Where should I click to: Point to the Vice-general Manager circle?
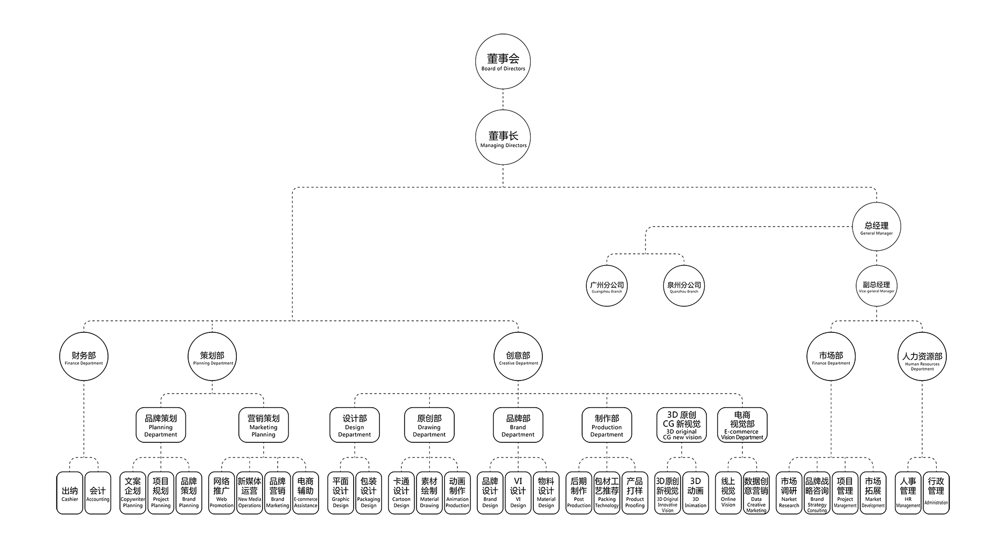(876, 286)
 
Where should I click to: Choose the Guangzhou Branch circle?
(607, 286)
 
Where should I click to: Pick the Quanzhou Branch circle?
(684, 286)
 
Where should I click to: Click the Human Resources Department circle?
(922, 357)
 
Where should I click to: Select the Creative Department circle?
(518, 357)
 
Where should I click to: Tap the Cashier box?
(70, 493)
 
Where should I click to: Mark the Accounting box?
(97, 493)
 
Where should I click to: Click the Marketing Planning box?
(264, 425)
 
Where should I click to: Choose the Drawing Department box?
(429, 425)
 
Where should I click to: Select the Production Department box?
(607, 425)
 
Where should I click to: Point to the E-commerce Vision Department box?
(742, 425)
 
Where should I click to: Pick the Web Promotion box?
(222, 493)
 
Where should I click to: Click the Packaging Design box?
(368, 493)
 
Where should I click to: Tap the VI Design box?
(518, 493)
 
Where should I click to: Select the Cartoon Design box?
(401, 493)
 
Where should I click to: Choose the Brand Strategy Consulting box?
(817, 493)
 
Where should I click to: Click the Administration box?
(936, 493)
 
